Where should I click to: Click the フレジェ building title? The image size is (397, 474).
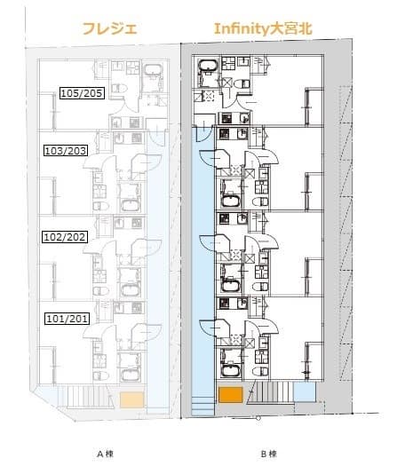(110, 29)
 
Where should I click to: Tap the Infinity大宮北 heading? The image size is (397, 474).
(263, 29)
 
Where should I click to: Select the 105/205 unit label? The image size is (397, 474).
(83, 93)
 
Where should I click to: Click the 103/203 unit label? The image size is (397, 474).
(66, 150)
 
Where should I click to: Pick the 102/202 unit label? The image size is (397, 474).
(65, 237)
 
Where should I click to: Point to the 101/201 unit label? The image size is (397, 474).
(67, 319)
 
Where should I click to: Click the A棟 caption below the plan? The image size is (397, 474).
(105, 454)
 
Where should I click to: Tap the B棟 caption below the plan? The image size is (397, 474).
(268, 454)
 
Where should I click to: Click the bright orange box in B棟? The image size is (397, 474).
(231, 395)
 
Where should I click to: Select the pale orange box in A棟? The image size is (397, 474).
(131, 399)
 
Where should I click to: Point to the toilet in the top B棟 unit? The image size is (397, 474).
(242, 83)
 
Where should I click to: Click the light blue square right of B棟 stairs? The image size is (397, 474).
(305, 392)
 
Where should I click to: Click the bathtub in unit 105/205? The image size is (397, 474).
(153, 70)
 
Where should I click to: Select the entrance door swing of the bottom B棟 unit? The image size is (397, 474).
(208, 328)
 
